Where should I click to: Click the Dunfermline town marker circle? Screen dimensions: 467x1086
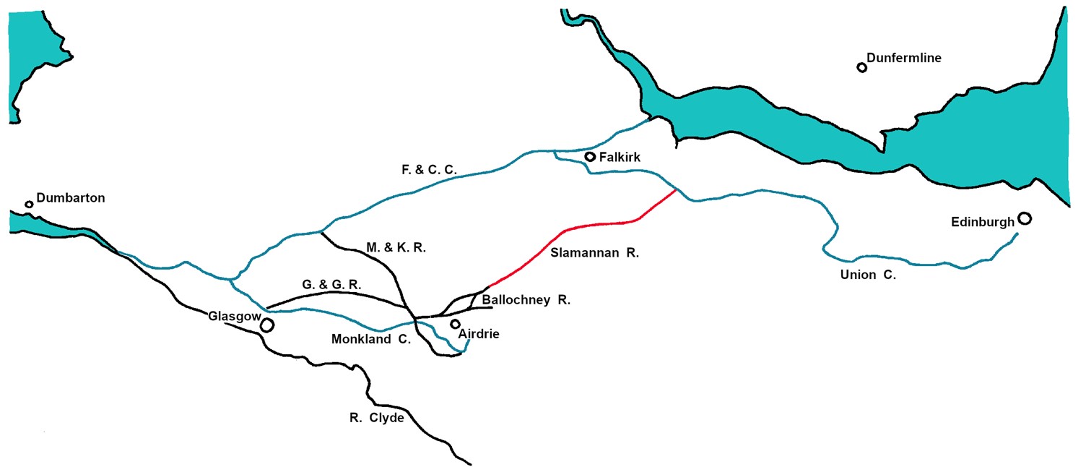click(861, 67)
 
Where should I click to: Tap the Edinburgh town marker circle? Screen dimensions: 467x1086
click(1025, 218)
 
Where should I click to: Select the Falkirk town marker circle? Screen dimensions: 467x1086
click(590, 156)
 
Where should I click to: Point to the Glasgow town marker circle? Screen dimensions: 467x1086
click(267, 325)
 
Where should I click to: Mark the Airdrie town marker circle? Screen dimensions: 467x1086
click(455, 323)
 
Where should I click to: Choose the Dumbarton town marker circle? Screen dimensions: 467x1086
click(29, 204)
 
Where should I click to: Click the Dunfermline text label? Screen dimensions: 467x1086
click(904, 59)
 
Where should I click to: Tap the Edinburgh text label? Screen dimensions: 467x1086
click(983, 223)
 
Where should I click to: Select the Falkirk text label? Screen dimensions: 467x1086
click(620, 157)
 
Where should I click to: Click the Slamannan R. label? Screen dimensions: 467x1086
click(595, 253)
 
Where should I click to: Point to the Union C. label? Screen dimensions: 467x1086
click(868, 275)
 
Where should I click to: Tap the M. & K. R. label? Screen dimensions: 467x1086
click(396, 248)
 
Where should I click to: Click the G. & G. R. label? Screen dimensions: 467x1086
click(331, 286)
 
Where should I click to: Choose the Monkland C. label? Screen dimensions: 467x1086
click(370, 338)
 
